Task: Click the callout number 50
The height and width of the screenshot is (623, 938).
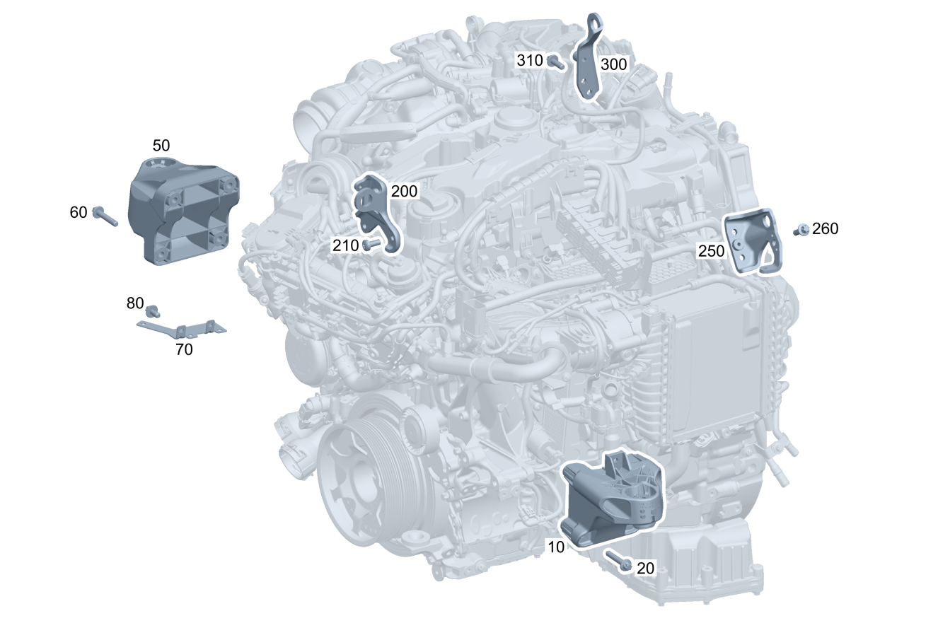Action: pyautogui.click(x=161, y=146)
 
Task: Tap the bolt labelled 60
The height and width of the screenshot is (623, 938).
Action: pyautogui.click(x=105, y=216)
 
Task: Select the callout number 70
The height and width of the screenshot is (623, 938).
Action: pyautogui.click(x=184, y=349)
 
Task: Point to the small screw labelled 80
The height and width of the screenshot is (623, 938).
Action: pyautogui.click(x=152, y=311)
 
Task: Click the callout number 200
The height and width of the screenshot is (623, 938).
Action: pyautogui.click(x=404, y=192)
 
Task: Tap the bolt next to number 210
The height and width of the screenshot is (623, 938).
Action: pyautogui.click(x=371, y=245)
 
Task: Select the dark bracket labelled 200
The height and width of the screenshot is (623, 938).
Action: pyautogui.click(x=377, y=214)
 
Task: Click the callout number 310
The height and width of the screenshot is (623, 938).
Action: pyautogui.click(x=530, y=60)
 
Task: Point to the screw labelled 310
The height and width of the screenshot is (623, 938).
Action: pyautogui.click(x=556, y=62)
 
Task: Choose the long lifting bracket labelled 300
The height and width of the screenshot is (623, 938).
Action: pyautogui.click(x=589, y=57)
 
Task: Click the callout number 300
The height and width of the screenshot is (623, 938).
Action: pyautogui.click(x=614, y=64)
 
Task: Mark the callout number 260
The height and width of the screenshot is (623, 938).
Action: pyautogui.click(x=826, y=228)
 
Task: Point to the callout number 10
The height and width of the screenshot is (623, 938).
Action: pyautogui.click(x=556, y=547)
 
